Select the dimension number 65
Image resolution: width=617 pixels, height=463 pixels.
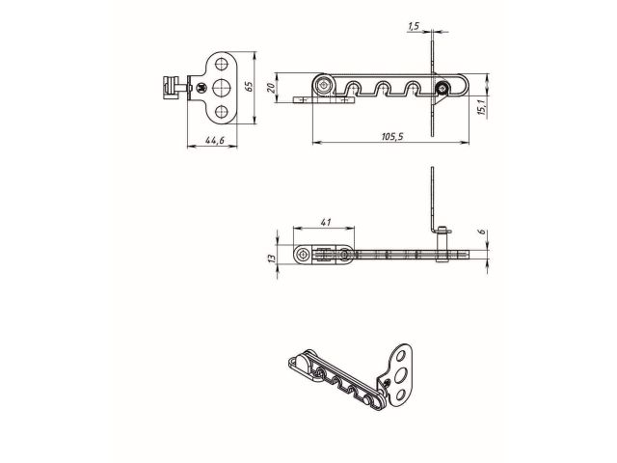[x=248, y=87]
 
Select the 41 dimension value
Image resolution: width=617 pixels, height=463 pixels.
[x=325, y=223]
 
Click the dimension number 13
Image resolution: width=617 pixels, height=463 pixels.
[x=273, y=257]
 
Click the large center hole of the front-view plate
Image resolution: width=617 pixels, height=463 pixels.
[x=224, y=88]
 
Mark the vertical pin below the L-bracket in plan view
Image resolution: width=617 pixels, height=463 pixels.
[x=442, y=255]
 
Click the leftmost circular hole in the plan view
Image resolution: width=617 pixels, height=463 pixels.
[x=306, y=255]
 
